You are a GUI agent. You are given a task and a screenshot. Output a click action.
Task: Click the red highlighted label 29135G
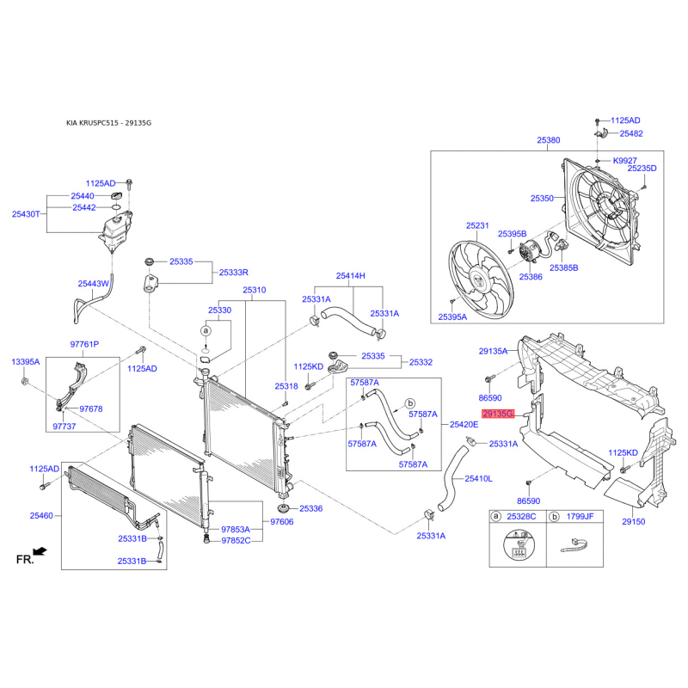click(498, 414)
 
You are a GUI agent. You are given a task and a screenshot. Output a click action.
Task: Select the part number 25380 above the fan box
click(549, 140)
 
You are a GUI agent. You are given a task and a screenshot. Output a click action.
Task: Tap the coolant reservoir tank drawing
click(116, 230)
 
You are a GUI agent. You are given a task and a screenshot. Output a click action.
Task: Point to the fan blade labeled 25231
click(481, 279)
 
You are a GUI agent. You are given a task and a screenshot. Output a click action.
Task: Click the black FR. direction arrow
click(40, 551)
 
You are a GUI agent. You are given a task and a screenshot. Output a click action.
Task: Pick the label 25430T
click(26, 214)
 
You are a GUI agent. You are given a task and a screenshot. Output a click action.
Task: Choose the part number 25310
click(254, 290)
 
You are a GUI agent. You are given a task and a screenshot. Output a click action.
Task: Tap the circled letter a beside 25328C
click(496, 517)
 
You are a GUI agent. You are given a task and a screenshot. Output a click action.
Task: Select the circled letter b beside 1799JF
click(554, 517)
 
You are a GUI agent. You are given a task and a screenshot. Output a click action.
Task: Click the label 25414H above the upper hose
click(351, 275)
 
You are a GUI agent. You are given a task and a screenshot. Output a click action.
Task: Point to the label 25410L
click(478, 479)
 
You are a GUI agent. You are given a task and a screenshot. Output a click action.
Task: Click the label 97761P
click(84, 345)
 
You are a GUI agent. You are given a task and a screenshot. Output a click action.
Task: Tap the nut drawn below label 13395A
click(25, 380)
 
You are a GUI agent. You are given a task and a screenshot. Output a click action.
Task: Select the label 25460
click(41, 515)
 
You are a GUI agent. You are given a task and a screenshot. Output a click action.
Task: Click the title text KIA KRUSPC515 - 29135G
click(109, 123)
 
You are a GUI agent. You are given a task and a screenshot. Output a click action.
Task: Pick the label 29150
click(634, 522)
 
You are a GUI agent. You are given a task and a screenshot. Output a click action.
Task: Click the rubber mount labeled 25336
click(285, 509)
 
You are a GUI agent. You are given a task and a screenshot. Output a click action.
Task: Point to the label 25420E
click(464, 424)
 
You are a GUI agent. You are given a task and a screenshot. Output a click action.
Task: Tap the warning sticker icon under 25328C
click(519, 545)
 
